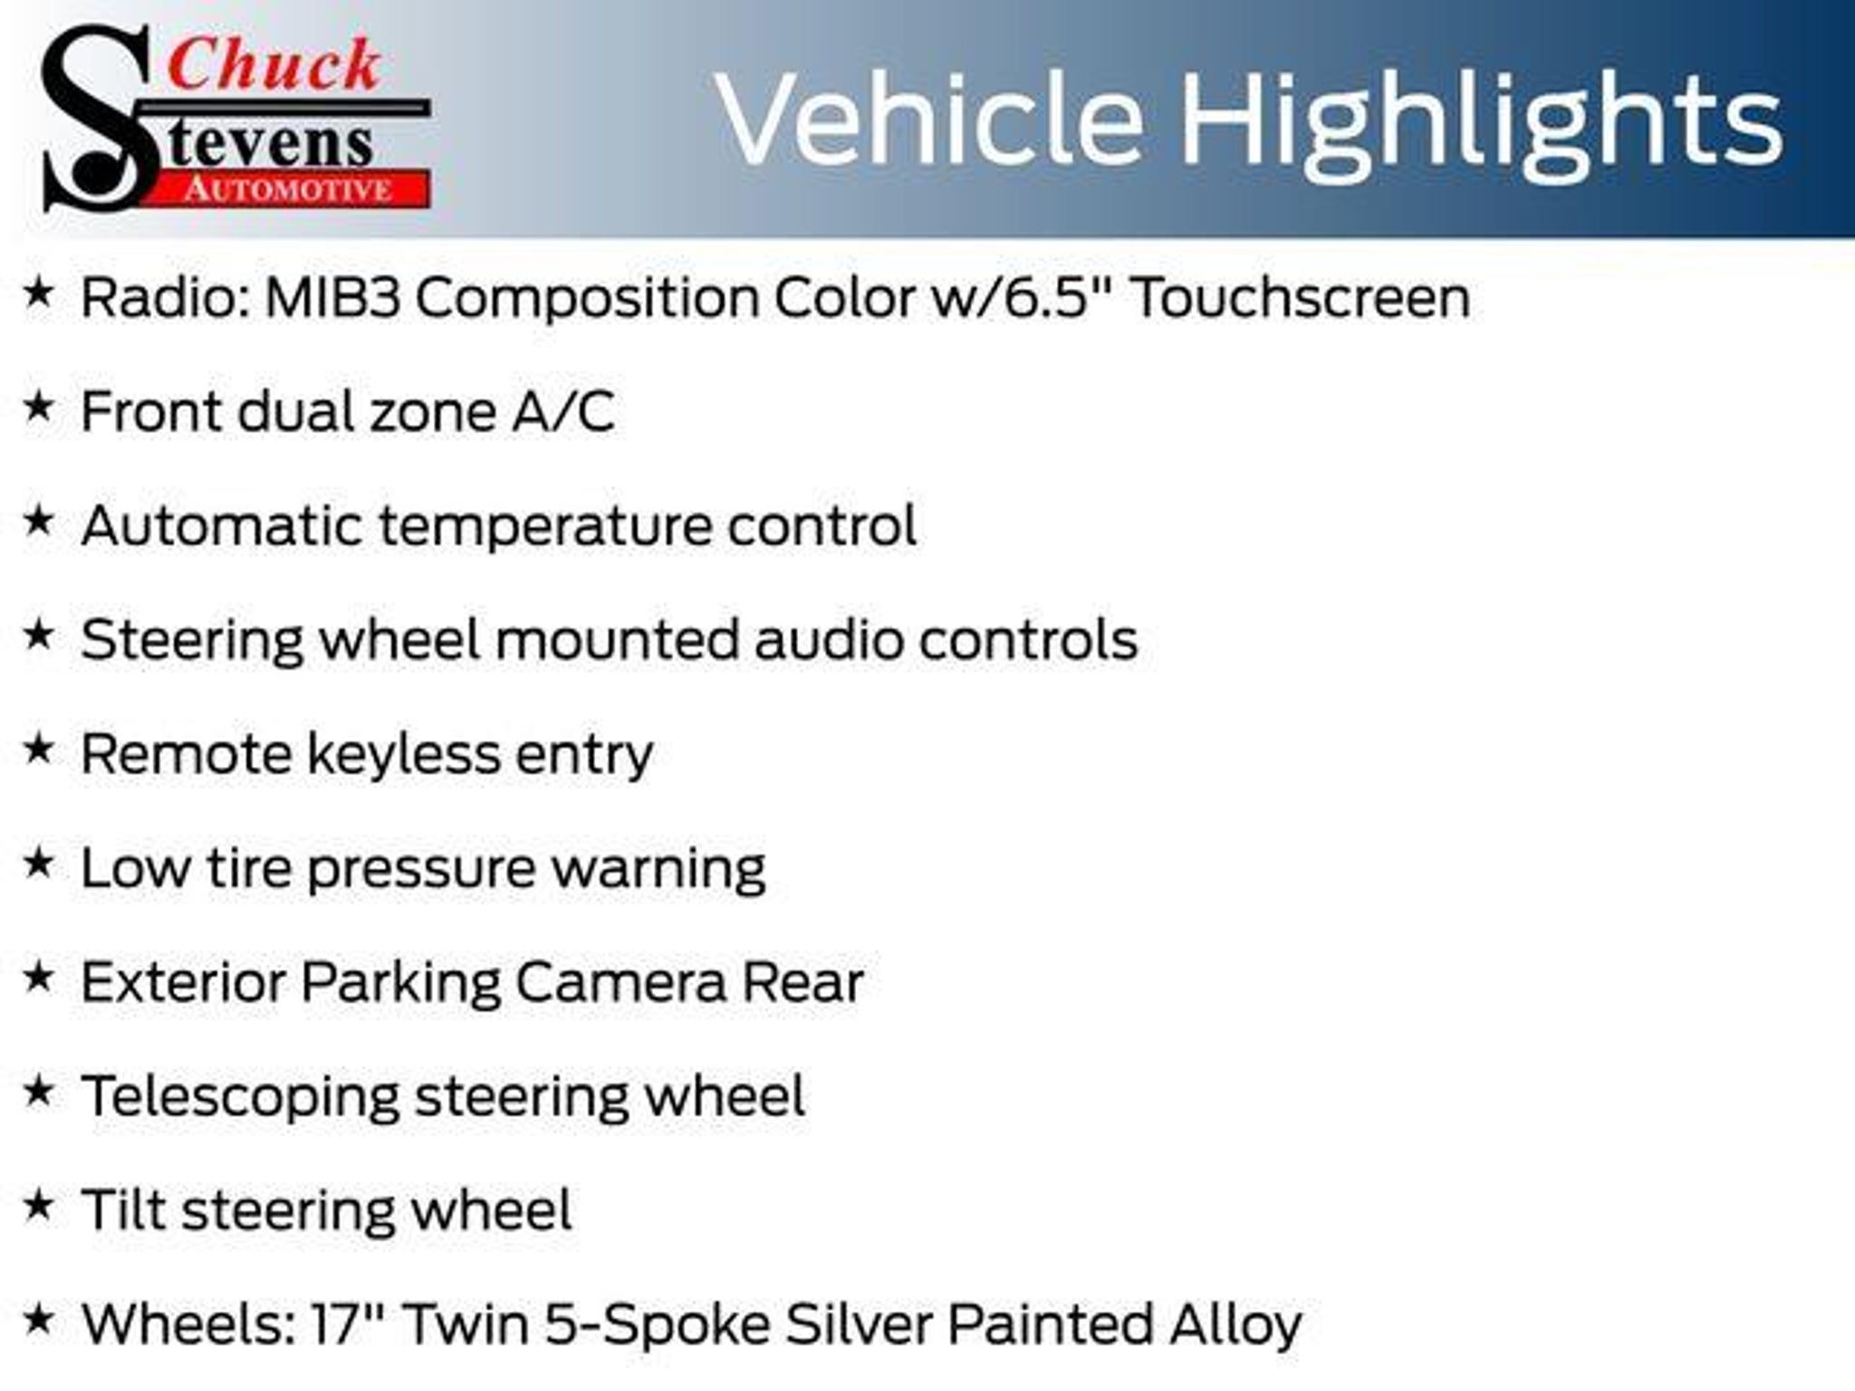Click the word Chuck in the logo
pyautogui.click(x=274, y=65)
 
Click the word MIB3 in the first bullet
pyautogui.click(x=332, y=298)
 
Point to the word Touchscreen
pyautogui.click(x=1301, y=298)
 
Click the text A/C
pyautogui.click(x=563, y=412)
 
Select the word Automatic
pyautogui.click(x=222, y=525)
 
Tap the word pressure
pyautogui.click(x=421, y=870)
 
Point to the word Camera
pyautogui.click(x=620, y=983)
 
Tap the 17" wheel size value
pyautogui.click(x=350, y=1324)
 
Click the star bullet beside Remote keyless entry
pyautogui.click(x=38, y=749)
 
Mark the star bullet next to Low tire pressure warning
pyautogui.click(x=38, y=863)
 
